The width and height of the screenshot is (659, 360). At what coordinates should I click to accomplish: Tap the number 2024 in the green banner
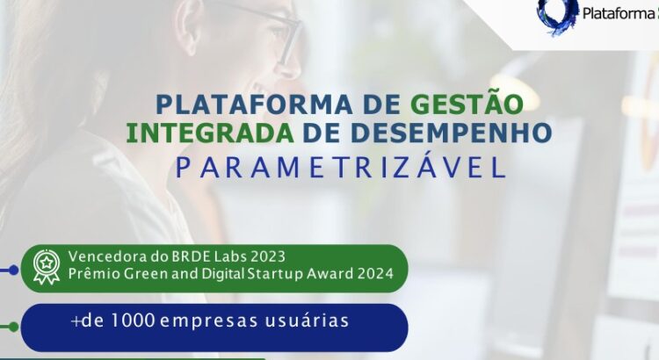[384, 274]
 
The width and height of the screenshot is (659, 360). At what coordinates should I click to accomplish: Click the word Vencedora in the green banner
[105, 256]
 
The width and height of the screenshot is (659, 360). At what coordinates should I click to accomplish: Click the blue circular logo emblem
[557, 16]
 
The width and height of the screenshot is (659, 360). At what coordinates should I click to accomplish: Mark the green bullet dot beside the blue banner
[12, 327]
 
